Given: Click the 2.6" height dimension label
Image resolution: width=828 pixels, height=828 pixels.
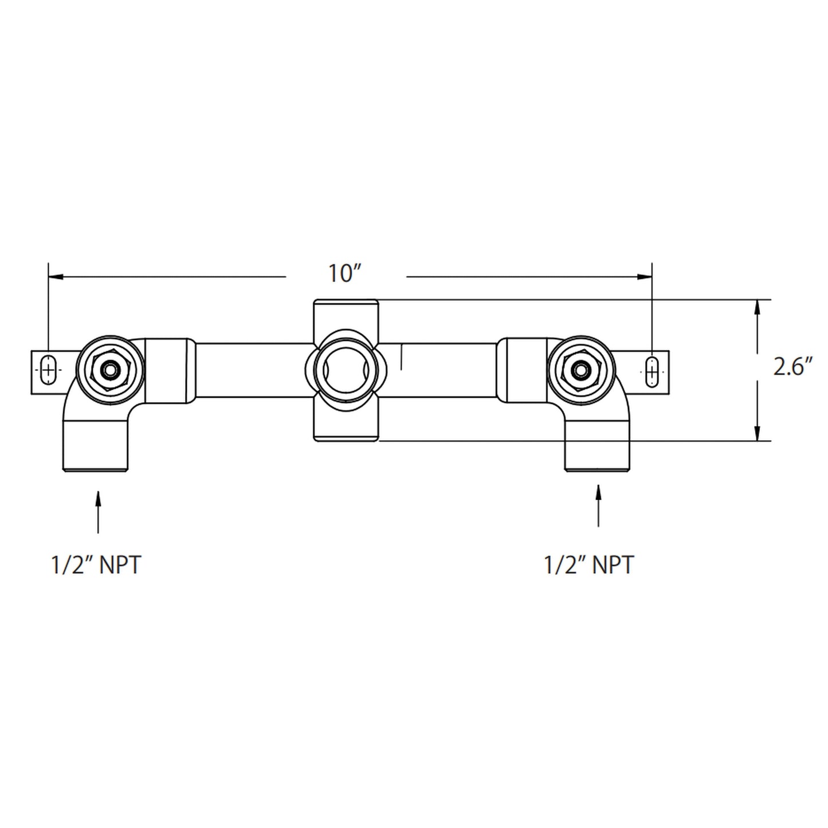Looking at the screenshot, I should point(793,367).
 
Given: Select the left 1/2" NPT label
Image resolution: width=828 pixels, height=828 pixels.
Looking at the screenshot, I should point(96,566).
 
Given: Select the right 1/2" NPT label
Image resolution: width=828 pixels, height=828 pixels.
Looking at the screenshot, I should point(589,566).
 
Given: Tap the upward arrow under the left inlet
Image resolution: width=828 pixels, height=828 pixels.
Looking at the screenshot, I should point(98,510).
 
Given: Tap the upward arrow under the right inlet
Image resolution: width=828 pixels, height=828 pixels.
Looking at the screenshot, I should point(599,504).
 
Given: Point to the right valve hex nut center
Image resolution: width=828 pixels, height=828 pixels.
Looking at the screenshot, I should point(581,370).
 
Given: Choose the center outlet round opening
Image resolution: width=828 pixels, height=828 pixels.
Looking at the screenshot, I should point(345,370).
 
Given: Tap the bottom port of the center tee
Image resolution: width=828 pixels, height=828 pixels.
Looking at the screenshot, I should point(345,427).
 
